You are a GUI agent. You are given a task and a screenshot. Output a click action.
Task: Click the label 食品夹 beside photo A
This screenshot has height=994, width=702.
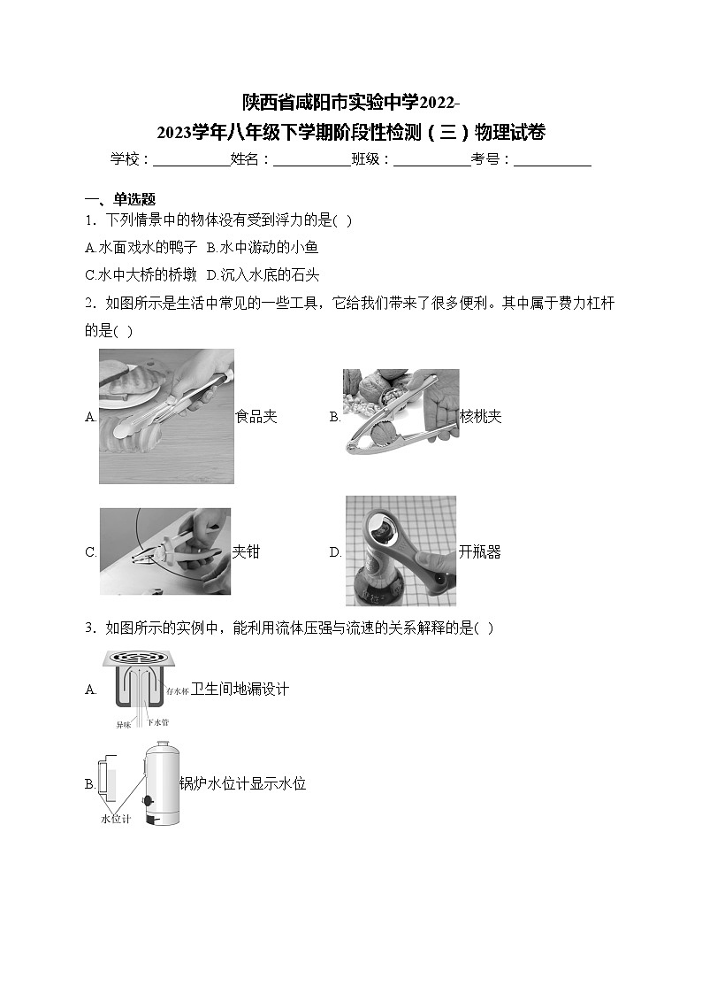(x=256, y=417)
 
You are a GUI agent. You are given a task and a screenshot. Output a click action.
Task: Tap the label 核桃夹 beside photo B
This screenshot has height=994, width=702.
(x=481, y=417)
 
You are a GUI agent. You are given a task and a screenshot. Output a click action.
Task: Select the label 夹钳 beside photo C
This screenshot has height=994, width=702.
(x=246, y=552)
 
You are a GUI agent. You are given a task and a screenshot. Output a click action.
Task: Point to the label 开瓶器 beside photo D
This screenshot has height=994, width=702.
(x=480, y=552)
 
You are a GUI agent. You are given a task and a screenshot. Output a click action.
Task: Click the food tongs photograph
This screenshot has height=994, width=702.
(x=166, y=416)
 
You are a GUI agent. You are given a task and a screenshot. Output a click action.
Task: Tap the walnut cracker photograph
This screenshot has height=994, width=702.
(x=401, y=412)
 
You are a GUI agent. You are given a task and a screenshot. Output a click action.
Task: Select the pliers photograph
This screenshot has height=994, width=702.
(x=164, y=551)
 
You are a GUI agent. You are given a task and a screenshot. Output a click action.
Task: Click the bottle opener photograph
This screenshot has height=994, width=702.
(x=401, y=551)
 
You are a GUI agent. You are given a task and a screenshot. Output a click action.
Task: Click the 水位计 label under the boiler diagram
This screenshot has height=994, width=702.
(x=115, y=820)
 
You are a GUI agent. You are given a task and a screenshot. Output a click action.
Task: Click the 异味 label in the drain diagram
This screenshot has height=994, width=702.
(x=124, y=724)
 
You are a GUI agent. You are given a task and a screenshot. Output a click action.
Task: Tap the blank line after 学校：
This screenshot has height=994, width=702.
(x=191, y=160)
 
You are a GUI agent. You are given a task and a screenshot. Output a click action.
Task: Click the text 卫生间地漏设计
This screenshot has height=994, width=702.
(x=240, y=689)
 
